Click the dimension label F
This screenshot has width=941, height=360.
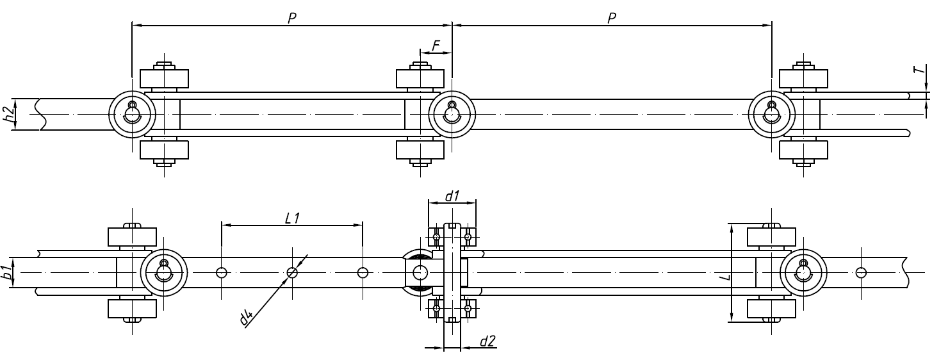pos(436,45)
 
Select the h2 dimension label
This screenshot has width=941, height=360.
pos(9,115)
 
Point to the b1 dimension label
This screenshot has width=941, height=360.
pos(6,272)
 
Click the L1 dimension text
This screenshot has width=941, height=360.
pos(292,218)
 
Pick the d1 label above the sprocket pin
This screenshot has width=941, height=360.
pos(452,196)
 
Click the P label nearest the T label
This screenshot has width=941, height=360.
pos(612,19)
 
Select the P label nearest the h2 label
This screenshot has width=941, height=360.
pos(291,19)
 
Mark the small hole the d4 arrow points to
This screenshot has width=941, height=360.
pos(292,273)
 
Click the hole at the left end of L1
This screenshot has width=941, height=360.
pos(222,273)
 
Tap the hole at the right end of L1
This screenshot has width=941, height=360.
pos(363,273)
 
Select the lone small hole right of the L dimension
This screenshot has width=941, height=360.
pos(860,273)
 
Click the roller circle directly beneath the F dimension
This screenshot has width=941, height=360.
pos(452,114)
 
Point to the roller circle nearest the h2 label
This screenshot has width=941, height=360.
pos(132,114)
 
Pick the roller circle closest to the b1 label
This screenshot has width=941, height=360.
pos(164,273)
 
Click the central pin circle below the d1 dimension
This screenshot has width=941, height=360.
pos(420,273)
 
